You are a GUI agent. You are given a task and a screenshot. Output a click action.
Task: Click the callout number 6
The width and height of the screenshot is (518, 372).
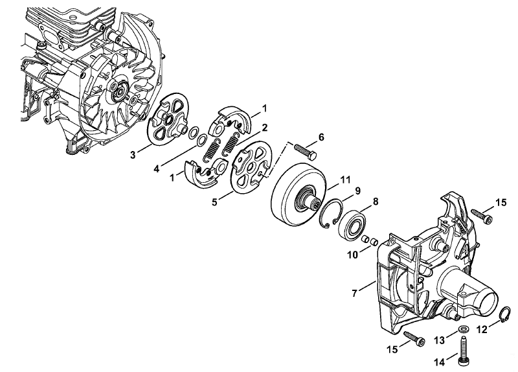321,137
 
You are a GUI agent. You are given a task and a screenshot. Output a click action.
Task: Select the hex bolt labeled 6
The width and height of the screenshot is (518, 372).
305,150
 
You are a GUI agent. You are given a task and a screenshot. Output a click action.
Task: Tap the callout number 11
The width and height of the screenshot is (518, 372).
345,180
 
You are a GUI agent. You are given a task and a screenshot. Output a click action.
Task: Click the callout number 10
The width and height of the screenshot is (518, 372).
353,255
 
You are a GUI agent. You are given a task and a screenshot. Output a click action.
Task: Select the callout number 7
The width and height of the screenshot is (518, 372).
354,293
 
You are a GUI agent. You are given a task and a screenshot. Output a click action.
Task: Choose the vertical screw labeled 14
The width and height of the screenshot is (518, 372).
462,350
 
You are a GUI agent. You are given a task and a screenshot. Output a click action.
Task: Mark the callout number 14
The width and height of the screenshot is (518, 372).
440,362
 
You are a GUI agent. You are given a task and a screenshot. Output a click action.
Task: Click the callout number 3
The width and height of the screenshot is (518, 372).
133,154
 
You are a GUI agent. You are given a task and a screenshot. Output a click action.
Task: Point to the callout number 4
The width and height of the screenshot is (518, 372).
156,169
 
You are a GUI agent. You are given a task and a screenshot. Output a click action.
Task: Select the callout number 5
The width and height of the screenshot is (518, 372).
215,202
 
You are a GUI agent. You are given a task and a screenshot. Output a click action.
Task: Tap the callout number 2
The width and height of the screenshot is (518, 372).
265,127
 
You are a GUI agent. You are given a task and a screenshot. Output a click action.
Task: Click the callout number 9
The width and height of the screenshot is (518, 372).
358,191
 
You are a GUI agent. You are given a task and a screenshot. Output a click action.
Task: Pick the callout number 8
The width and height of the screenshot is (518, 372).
376,202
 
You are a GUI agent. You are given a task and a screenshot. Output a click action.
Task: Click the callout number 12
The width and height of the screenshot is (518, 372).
482,329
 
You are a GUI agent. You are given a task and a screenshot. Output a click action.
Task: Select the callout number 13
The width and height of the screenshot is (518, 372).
440,340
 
